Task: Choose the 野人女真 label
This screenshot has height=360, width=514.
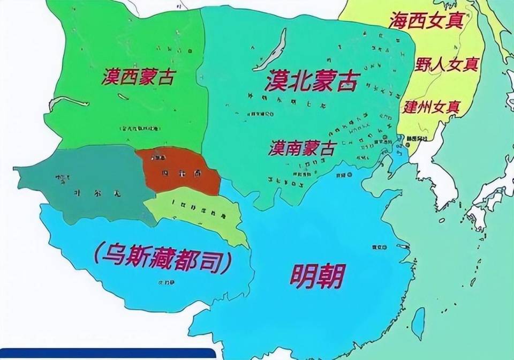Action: click(x=447, y=64)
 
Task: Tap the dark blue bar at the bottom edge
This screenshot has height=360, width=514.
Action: click(x=107, y=354)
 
